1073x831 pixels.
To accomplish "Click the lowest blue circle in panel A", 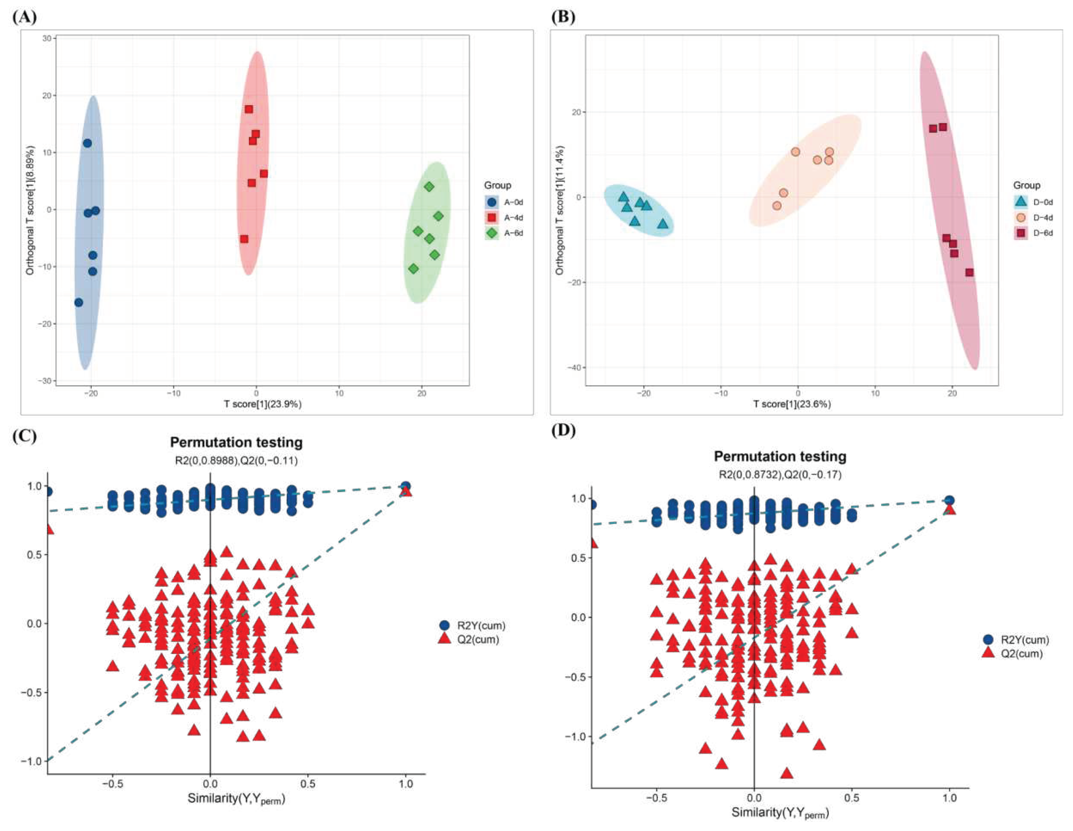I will point(79,302).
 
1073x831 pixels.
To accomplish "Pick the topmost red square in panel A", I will point(249,109).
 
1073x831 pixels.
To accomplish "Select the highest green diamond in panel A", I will point(429,187).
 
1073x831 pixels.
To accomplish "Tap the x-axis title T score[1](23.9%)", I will point(263,404).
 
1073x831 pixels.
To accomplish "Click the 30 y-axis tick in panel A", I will point(47,38).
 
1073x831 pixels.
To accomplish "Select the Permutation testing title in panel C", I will point(236,442).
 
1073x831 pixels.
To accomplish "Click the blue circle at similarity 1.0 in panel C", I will point(406,486).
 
